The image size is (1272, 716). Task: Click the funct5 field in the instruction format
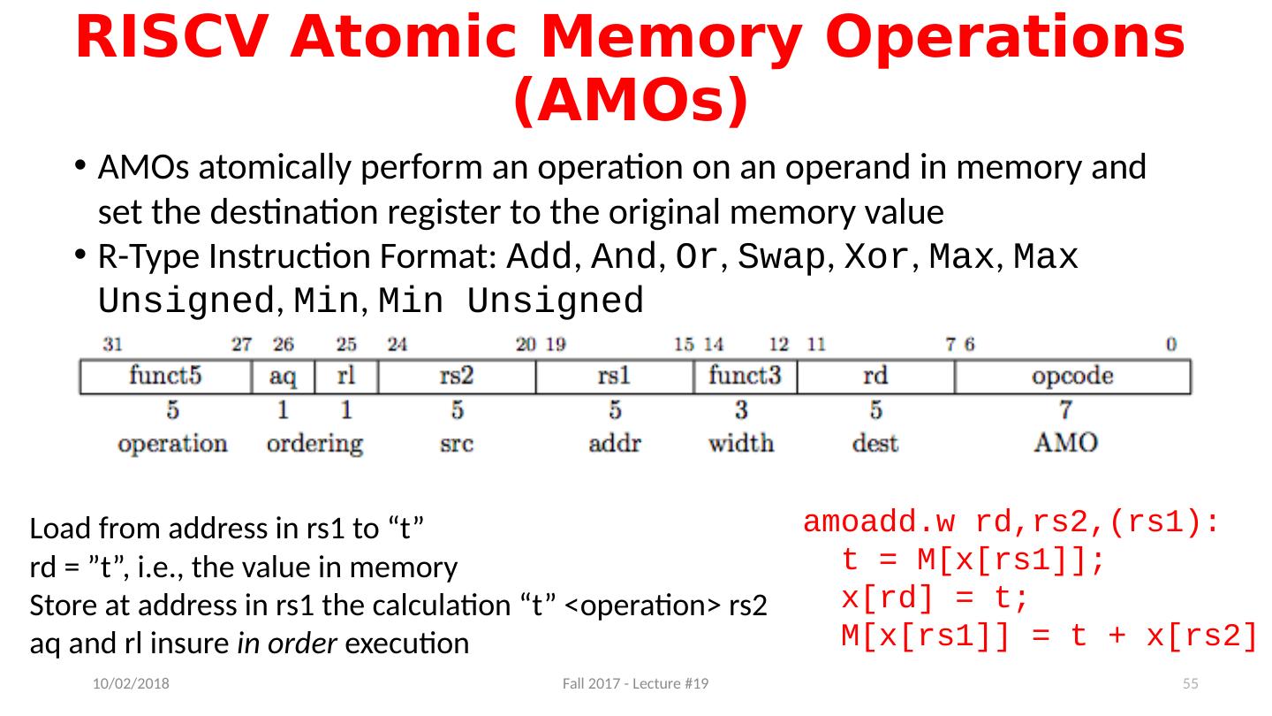pyautogui.click(x=165, y=376)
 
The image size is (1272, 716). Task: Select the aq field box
pyautogui.click(x=283, y=376)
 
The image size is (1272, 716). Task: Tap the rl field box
pyautogui.click(x=346, y=376)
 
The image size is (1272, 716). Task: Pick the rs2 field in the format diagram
pyautogui.click(x=457, y=376)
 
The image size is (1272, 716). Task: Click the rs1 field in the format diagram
pyautogui.click(x=615, y=376)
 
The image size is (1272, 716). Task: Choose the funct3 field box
pyautogui.click(x=746, y=376)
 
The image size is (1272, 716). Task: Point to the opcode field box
pyautogui.click(x=1072, y=376)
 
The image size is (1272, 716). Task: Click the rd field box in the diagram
pyautogui.click(x=875, y=376)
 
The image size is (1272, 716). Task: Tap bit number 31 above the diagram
pyautogui.click(x=112, y=344)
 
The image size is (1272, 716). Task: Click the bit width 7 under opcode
pyautogui.click(x=1066, y=410)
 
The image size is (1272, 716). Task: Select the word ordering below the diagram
pyautogui.click(x=314, y=443)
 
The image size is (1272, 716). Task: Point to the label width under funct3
pyautogui.click(x=741, y=442)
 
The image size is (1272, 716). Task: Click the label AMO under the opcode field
pyautogui.click(x=1066, y=442)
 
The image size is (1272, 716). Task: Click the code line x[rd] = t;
pyautogui.click(x=935, y=600)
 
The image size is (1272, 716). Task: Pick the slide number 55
pyautogui.click(x=1190, y=685)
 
